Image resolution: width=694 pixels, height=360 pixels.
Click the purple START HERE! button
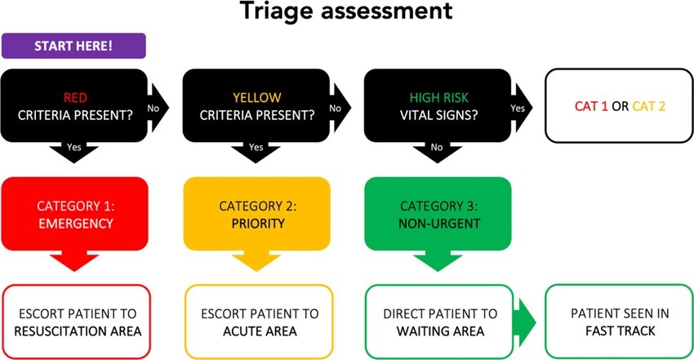click(73, 46)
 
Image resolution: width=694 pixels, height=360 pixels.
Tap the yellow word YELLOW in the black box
click(256, 96)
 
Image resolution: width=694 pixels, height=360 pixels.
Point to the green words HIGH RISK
click(437, 96)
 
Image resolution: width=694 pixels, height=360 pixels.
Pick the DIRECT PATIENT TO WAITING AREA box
click(440, 322)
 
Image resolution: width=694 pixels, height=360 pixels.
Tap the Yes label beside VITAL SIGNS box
click(517, 107)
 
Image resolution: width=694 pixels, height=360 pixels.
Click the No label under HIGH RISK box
click(437, 148)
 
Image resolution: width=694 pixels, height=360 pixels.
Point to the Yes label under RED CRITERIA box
click(74, 148)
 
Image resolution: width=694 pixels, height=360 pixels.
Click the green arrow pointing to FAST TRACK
click(525, 322)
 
